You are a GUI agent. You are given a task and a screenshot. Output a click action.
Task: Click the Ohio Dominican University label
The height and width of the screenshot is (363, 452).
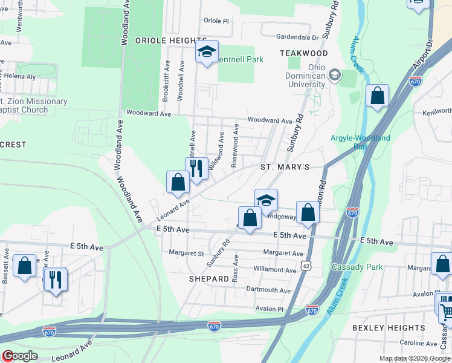pyautogui.click(x=307, y=76)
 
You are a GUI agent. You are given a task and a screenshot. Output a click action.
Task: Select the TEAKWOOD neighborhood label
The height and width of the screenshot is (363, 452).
pyautogui.click(x=303, y=54)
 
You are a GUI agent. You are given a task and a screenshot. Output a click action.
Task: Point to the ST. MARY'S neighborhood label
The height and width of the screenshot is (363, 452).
pyautogui.click(x=285, y=166)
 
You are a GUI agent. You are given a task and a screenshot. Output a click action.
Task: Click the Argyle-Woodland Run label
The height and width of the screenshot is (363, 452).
pyautogui.click(x=360, y=142)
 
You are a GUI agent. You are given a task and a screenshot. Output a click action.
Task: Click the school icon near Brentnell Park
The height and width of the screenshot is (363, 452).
pyautogui.click(x=206, y=53)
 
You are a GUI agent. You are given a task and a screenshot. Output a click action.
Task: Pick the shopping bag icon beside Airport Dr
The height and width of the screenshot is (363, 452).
pyautogui.click(x=377, y=96)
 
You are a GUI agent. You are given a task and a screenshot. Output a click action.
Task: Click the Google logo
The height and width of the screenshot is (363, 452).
pyautogui.click(x=19, y=356)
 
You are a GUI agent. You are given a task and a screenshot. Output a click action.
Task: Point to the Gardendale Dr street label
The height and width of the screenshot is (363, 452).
pyautogui.click(x=297, y=37)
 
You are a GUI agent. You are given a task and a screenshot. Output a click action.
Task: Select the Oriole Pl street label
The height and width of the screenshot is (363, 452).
pyautogui.click(x=217, y=21)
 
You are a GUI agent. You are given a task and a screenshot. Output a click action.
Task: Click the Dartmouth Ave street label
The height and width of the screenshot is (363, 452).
pyautogui.click(x=269, y=290)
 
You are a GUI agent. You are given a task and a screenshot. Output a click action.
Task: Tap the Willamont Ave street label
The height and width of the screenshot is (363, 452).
pyautogui.click(x=276, y=269)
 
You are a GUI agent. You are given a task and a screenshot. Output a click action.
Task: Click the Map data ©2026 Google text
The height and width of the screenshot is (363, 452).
pyautogui.click(x=414, y=358)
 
